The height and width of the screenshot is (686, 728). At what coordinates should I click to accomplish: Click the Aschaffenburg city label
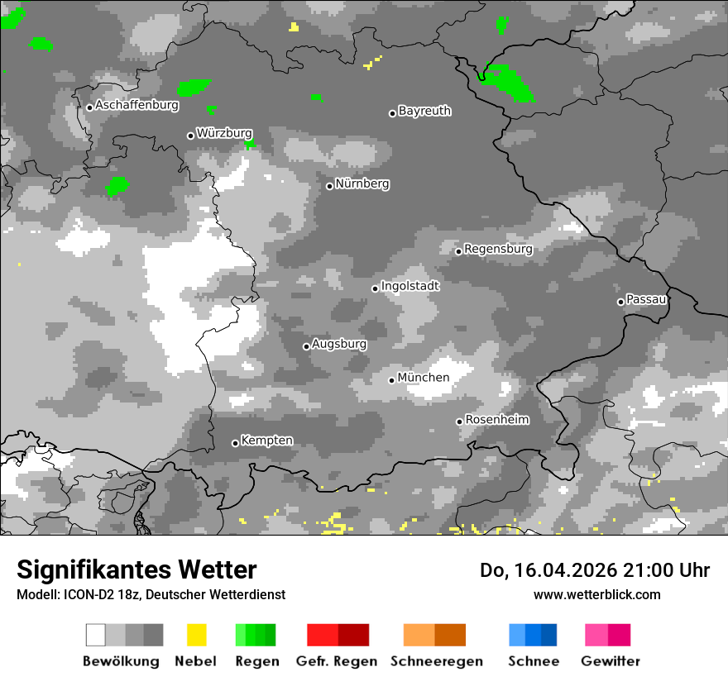(136, 106)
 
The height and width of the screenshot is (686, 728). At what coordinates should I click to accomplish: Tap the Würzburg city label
(224, 133)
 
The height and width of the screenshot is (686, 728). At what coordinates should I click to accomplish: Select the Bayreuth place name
(424, 111)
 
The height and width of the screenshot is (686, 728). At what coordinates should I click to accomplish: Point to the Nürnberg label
(362, 183)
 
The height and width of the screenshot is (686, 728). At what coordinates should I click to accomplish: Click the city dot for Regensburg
(458, 251)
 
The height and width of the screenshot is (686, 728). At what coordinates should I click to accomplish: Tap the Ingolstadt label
(410, 286)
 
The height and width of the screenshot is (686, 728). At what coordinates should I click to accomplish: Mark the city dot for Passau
(620, 302)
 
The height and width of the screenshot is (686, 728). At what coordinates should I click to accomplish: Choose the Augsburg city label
(339, 344)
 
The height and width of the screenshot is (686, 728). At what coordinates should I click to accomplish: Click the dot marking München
(392, 380)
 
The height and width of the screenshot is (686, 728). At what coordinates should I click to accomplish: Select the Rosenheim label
(497, 420)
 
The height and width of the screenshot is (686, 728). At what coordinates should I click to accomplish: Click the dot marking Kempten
(235, 444)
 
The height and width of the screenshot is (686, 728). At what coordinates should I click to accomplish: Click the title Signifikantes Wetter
(136, 570)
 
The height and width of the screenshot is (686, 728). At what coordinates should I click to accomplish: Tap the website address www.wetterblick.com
(596, 594)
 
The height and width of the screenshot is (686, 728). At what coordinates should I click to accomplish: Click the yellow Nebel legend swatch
(196, 635)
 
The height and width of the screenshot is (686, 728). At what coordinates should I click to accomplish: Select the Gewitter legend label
(611, 661)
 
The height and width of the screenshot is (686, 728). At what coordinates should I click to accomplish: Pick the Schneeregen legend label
(437, 661)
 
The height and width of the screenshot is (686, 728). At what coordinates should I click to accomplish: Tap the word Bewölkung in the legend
(121, 661)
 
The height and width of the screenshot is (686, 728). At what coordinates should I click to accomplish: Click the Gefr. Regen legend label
(337, 661)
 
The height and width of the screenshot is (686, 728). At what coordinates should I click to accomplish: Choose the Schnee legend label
(534, 661)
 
